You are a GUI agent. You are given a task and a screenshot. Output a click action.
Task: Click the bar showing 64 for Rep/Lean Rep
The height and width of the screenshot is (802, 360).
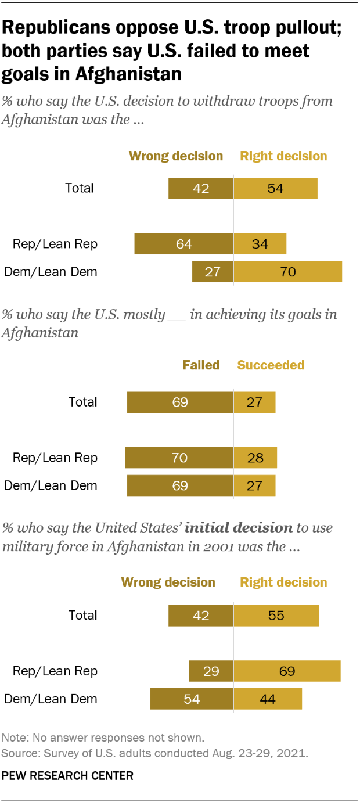click(x=183, y=244)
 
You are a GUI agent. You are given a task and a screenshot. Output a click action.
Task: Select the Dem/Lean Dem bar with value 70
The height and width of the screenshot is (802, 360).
click(x=287, y=272)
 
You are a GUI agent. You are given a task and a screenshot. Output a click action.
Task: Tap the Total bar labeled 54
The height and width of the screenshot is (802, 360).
click(x=275, y=188)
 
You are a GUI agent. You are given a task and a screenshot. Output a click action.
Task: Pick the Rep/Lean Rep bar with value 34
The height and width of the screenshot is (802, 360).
click(x=260, y=244)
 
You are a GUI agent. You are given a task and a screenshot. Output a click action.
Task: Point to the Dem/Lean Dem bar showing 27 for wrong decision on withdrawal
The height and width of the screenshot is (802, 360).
click(x=213, y=272)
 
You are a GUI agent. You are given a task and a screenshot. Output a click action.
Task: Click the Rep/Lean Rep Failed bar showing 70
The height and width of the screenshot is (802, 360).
click(x=179, y=458)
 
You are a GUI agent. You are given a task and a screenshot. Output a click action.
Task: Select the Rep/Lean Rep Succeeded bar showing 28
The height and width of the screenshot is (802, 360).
click(x=255, y=458)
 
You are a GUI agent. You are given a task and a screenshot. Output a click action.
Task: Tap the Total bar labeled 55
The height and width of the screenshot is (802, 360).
click(x=276, y=616)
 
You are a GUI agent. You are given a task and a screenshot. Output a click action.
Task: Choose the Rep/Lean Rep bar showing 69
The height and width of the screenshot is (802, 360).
click(x=287, y=671)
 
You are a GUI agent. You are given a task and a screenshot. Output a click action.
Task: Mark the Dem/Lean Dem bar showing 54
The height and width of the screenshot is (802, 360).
click(x=192, y=699)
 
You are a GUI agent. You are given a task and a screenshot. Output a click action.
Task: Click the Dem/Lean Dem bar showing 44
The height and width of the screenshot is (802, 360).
click(x=268, y=699)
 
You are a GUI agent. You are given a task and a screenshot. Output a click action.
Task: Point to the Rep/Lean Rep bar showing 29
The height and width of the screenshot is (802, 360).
click(x=211, y=671)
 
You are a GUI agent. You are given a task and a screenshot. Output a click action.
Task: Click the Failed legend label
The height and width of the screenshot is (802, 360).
click(x=201, y=365)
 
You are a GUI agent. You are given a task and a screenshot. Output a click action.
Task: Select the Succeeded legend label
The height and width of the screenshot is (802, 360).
click(x=271, y=365)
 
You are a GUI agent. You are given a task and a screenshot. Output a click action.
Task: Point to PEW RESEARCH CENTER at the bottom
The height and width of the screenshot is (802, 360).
click(x=68, y=775)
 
